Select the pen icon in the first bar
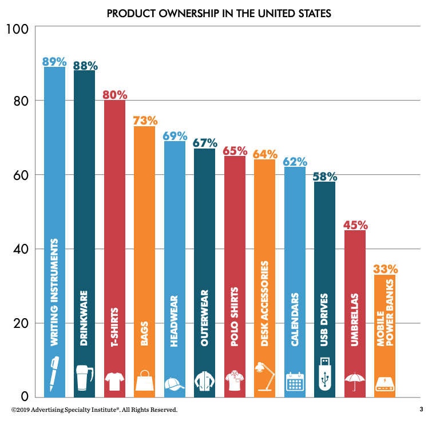pyautogui.click(x=54, y=374)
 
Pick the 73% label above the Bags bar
pyautogui.click(x=145, y=121)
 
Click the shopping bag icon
pyautogui.click(x=144, y=380)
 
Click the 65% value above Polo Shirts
pyautogui.click(x=235, y=151)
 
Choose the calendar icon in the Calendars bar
pyautogui.click(x=294, y=380)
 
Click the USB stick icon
pyautogui.click(x=324, y=374)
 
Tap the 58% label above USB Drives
pyautogui.click(x=324, y=177)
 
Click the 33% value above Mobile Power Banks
pyautogui.click(x=385, y=269)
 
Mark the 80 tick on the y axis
pyautogui.click(x=20, y=101)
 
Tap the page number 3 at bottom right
pyautogui.click(x=420, y=410)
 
